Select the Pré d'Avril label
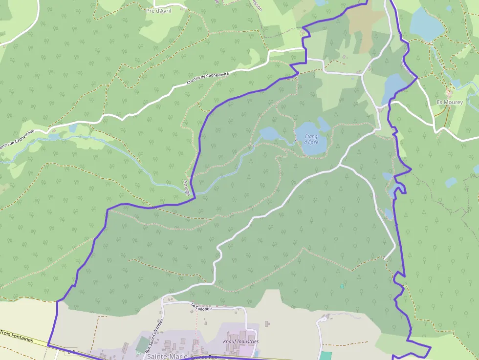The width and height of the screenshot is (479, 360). (159, 10)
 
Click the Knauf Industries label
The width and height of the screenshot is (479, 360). (240, 341)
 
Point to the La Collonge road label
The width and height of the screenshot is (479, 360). (201, 307)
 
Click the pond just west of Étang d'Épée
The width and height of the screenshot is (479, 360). (268, 133)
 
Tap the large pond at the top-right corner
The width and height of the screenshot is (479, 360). (426, 24)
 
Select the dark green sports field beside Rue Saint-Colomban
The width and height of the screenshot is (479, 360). (142, 344)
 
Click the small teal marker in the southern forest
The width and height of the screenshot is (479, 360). (342, 286)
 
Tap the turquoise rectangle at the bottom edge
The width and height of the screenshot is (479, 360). (326, 356)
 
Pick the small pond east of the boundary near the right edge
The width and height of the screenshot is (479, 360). (451, 182)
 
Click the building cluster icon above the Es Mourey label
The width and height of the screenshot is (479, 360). (449, 92)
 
